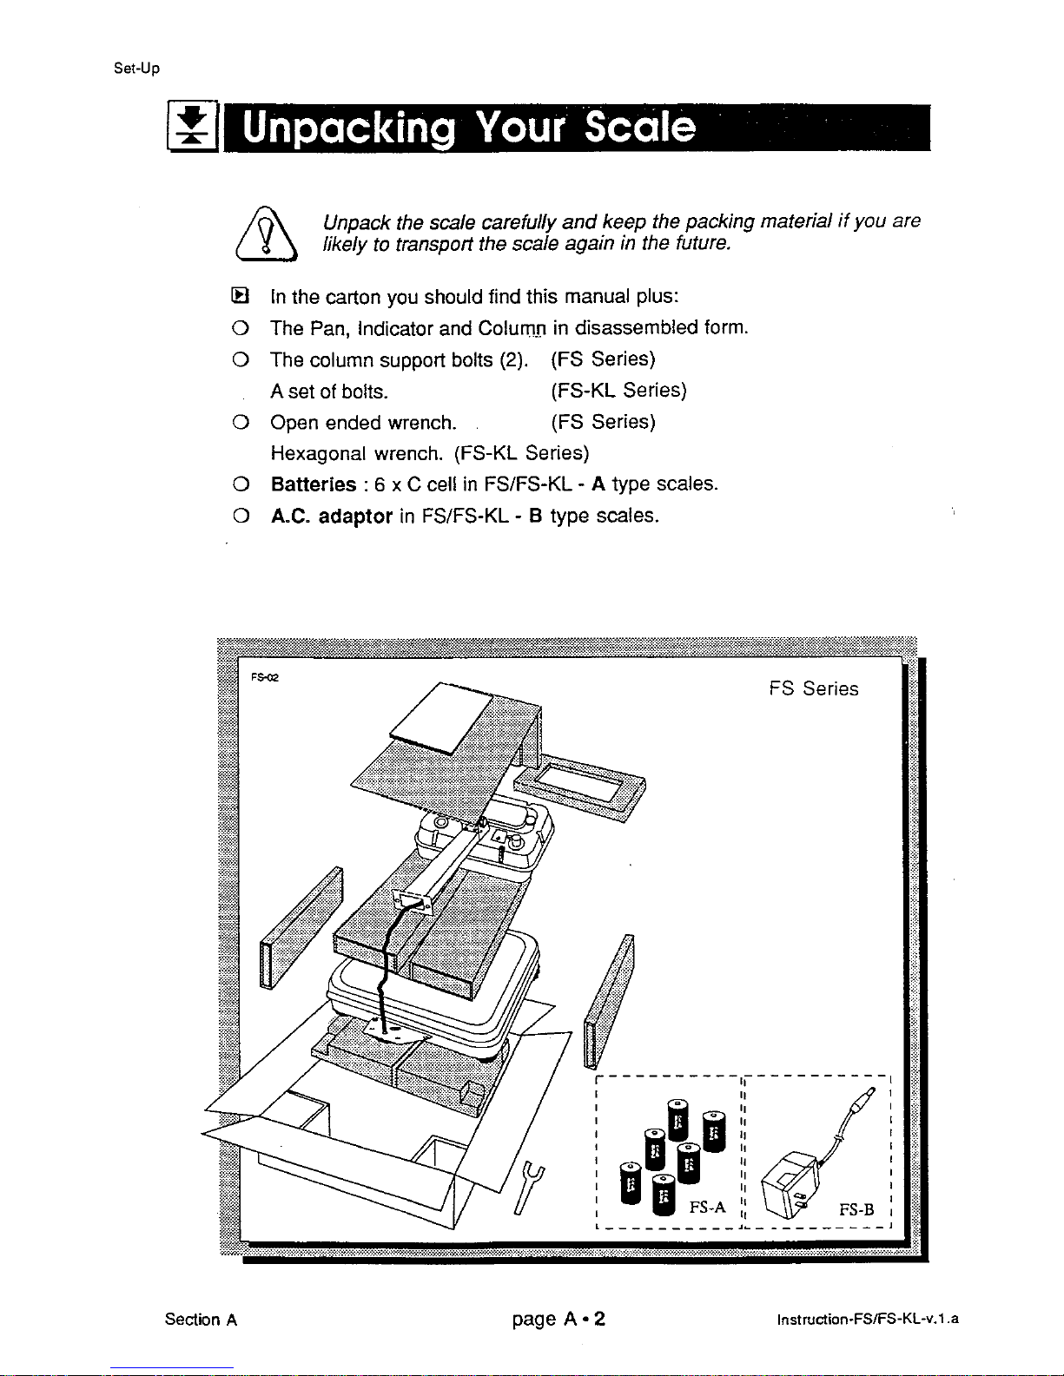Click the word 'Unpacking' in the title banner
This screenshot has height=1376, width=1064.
349,128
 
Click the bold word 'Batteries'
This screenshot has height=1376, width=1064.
313,484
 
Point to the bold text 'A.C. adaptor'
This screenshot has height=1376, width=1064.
331,517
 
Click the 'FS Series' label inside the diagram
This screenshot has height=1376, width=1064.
813,688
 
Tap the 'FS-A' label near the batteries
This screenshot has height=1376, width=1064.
707,1208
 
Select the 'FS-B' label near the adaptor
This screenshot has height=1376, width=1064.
856,1210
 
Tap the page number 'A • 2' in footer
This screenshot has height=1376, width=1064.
583,1320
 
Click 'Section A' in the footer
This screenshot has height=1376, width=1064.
201,1320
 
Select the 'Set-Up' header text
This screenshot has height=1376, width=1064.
136,68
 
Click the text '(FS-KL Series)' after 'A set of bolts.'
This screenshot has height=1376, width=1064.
618,391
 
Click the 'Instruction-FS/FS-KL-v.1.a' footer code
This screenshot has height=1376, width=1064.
867,1320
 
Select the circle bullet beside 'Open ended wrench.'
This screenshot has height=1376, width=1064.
241,423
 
